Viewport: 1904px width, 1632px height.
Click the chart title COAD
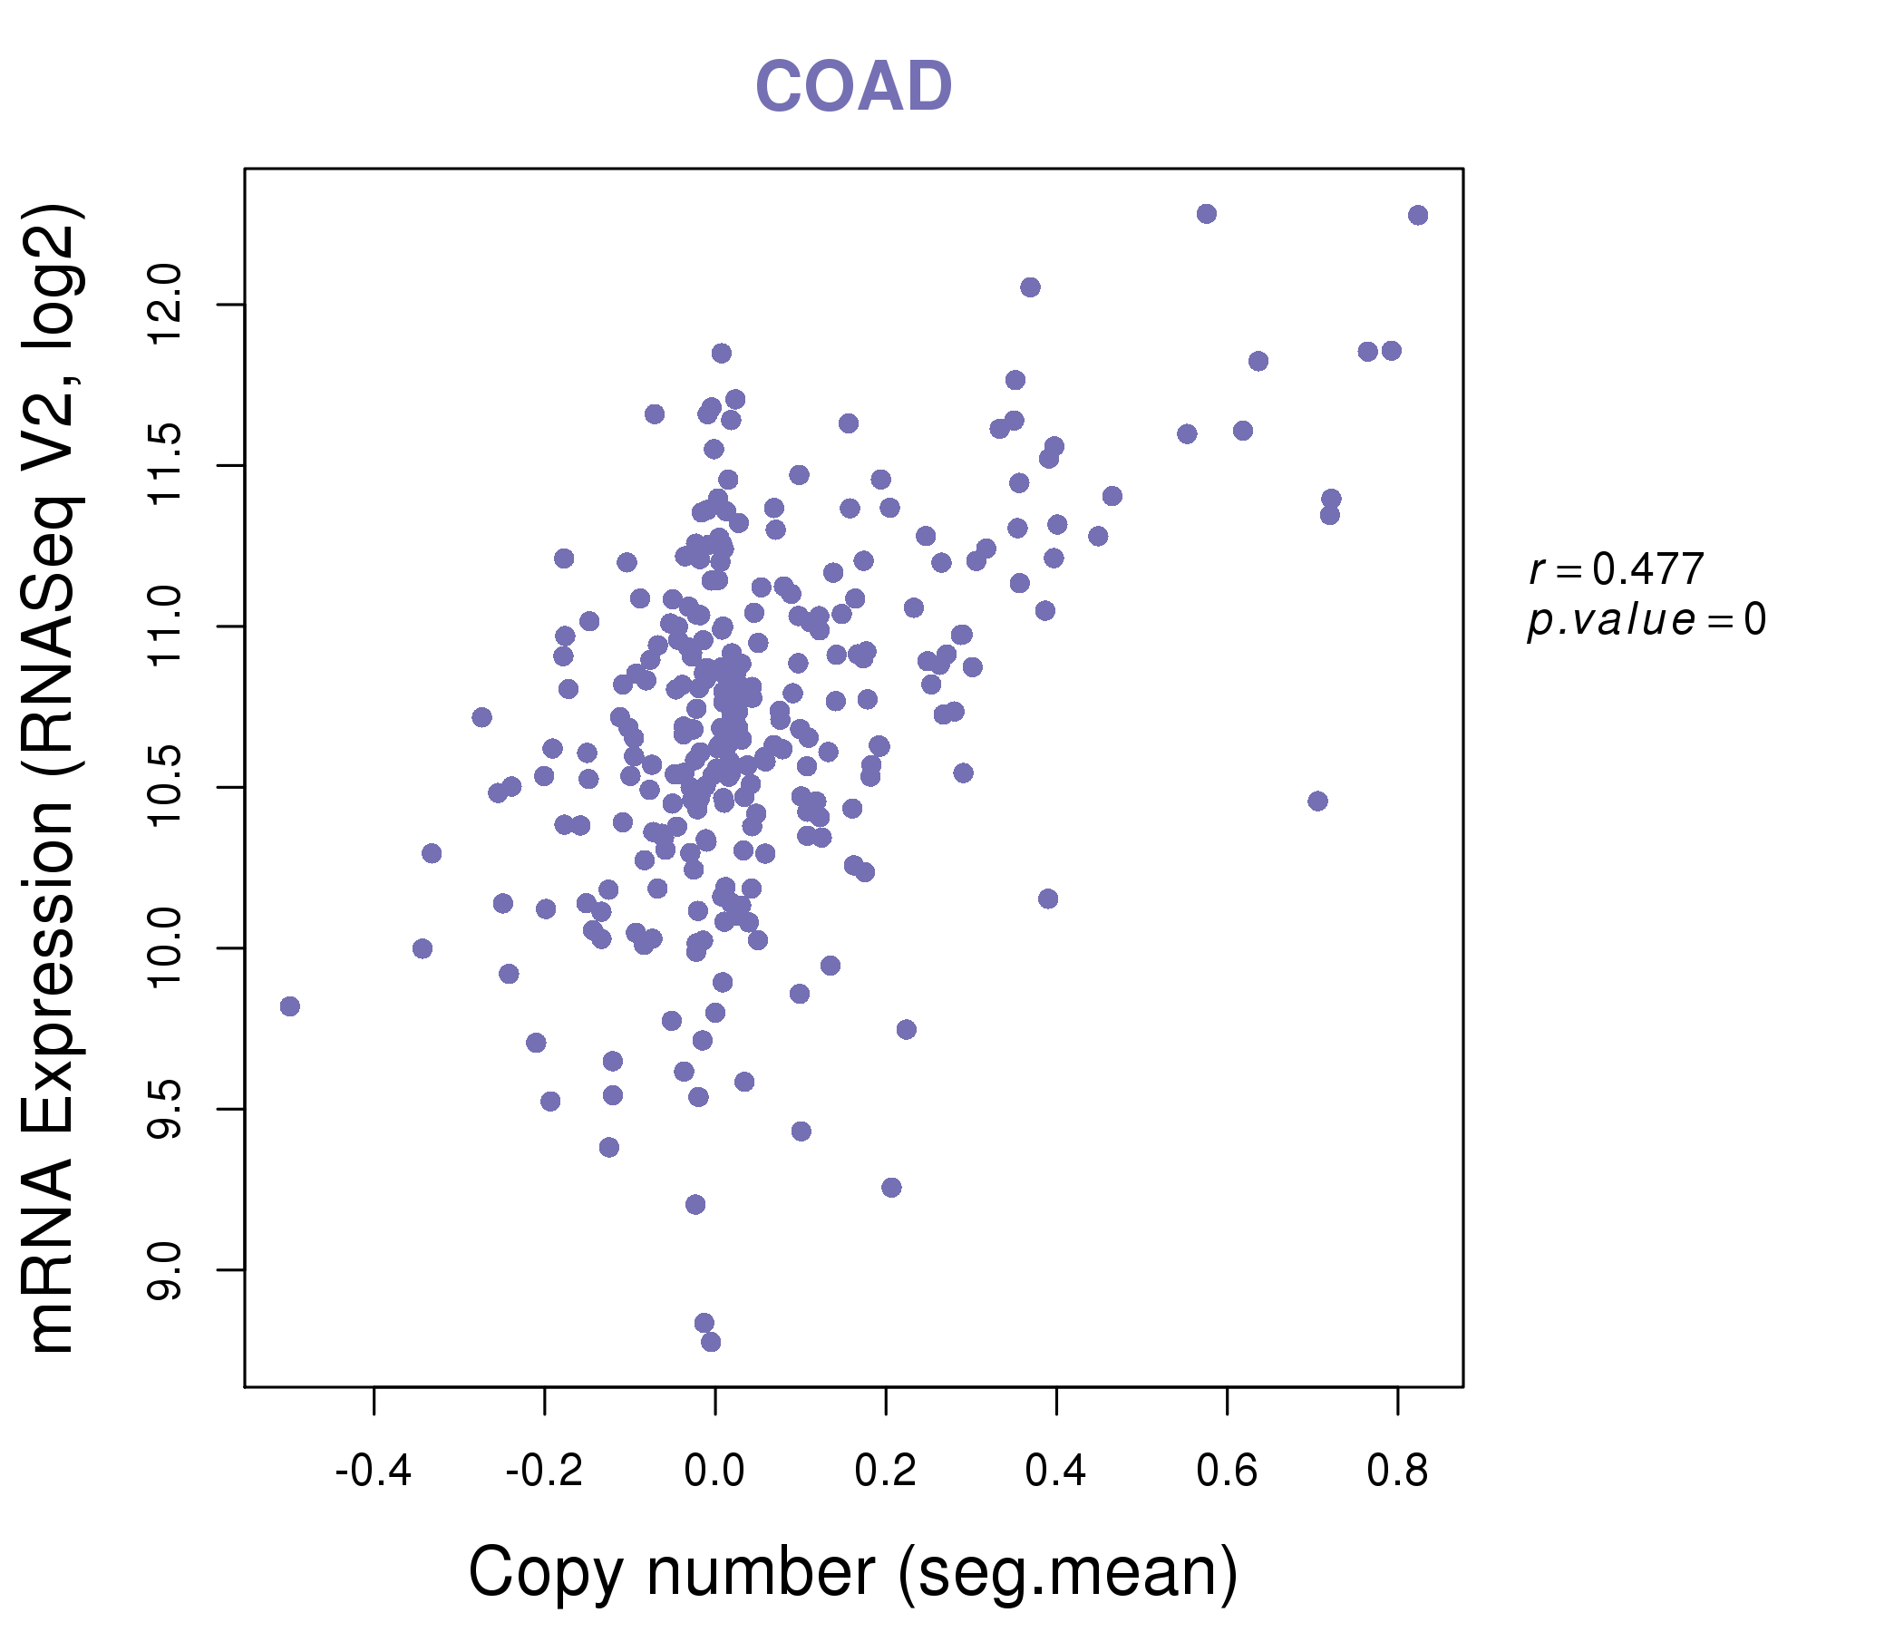click(853, 86)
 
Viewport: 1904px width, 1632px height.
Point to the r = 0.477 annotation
click(1617, 568)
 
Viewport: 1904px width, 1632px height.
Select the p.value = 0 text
click(1646, 619)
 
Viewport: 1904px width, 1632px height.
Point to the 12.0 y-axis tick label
click(165, 304)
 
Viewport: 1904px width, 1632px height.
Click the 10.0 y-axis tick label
click(165, 947)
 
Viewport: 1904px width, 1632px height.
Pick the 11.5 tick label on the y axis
click(165, 465)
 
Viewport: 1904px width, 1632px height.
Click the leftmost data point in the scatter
click(289, 1006)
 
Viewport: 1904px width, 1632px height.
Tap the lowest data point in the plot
click(710, 1342)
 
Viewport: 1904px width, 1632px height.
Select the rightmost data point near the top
click(1418, 215)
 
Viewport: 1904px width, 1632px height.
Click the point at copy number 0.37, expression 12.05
click(1030, 287)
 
